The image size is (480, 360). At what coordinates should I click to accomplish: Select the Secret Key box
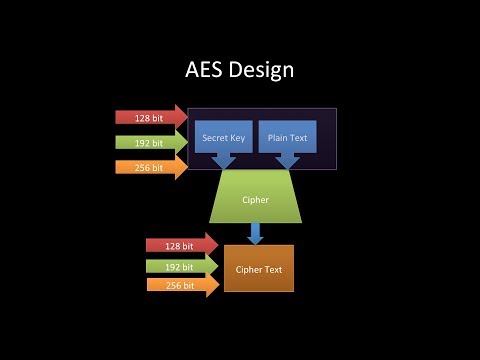[223, 136]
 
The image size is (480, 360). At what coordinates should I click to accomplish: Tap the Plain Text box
[287, 136]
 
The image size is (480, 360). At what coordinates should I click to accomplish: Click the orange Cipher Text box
[259, 268]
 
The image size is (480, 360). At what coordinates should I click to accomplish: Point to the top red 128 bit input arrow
[151, 117]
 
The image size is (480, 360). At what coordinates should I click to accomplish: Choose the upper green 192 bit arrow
[151, 142]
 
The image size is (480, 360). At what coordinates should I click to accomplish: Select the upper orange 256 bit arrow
[151, 167]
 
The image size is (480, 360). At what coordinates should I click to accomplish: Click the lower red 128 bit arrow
[181, 245]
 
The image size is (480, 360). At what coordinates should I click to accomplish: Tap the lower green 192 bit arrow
[181, 266]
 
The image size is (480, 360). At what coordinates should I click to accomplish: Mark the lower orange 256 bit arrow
[181, 286]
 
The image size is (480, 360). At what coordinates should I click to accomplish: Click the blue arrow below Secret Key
[222, 161]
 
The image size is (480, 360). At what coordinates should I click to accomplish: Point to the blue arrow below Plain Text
[287, 161]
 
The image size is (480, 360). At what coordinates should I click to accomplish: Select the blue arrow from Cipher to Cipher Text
[255, 233]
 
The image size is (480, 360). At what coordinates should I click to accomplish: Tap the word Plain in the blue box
[277, 136]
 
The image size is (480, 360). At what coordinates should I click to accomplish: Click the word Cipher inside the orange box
[249, 269]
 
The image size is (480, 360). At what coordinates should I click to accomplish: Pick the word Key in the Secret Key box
[237, 136]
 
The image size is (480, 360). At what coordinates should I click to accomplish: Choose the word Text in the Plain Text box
[298, 136]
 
